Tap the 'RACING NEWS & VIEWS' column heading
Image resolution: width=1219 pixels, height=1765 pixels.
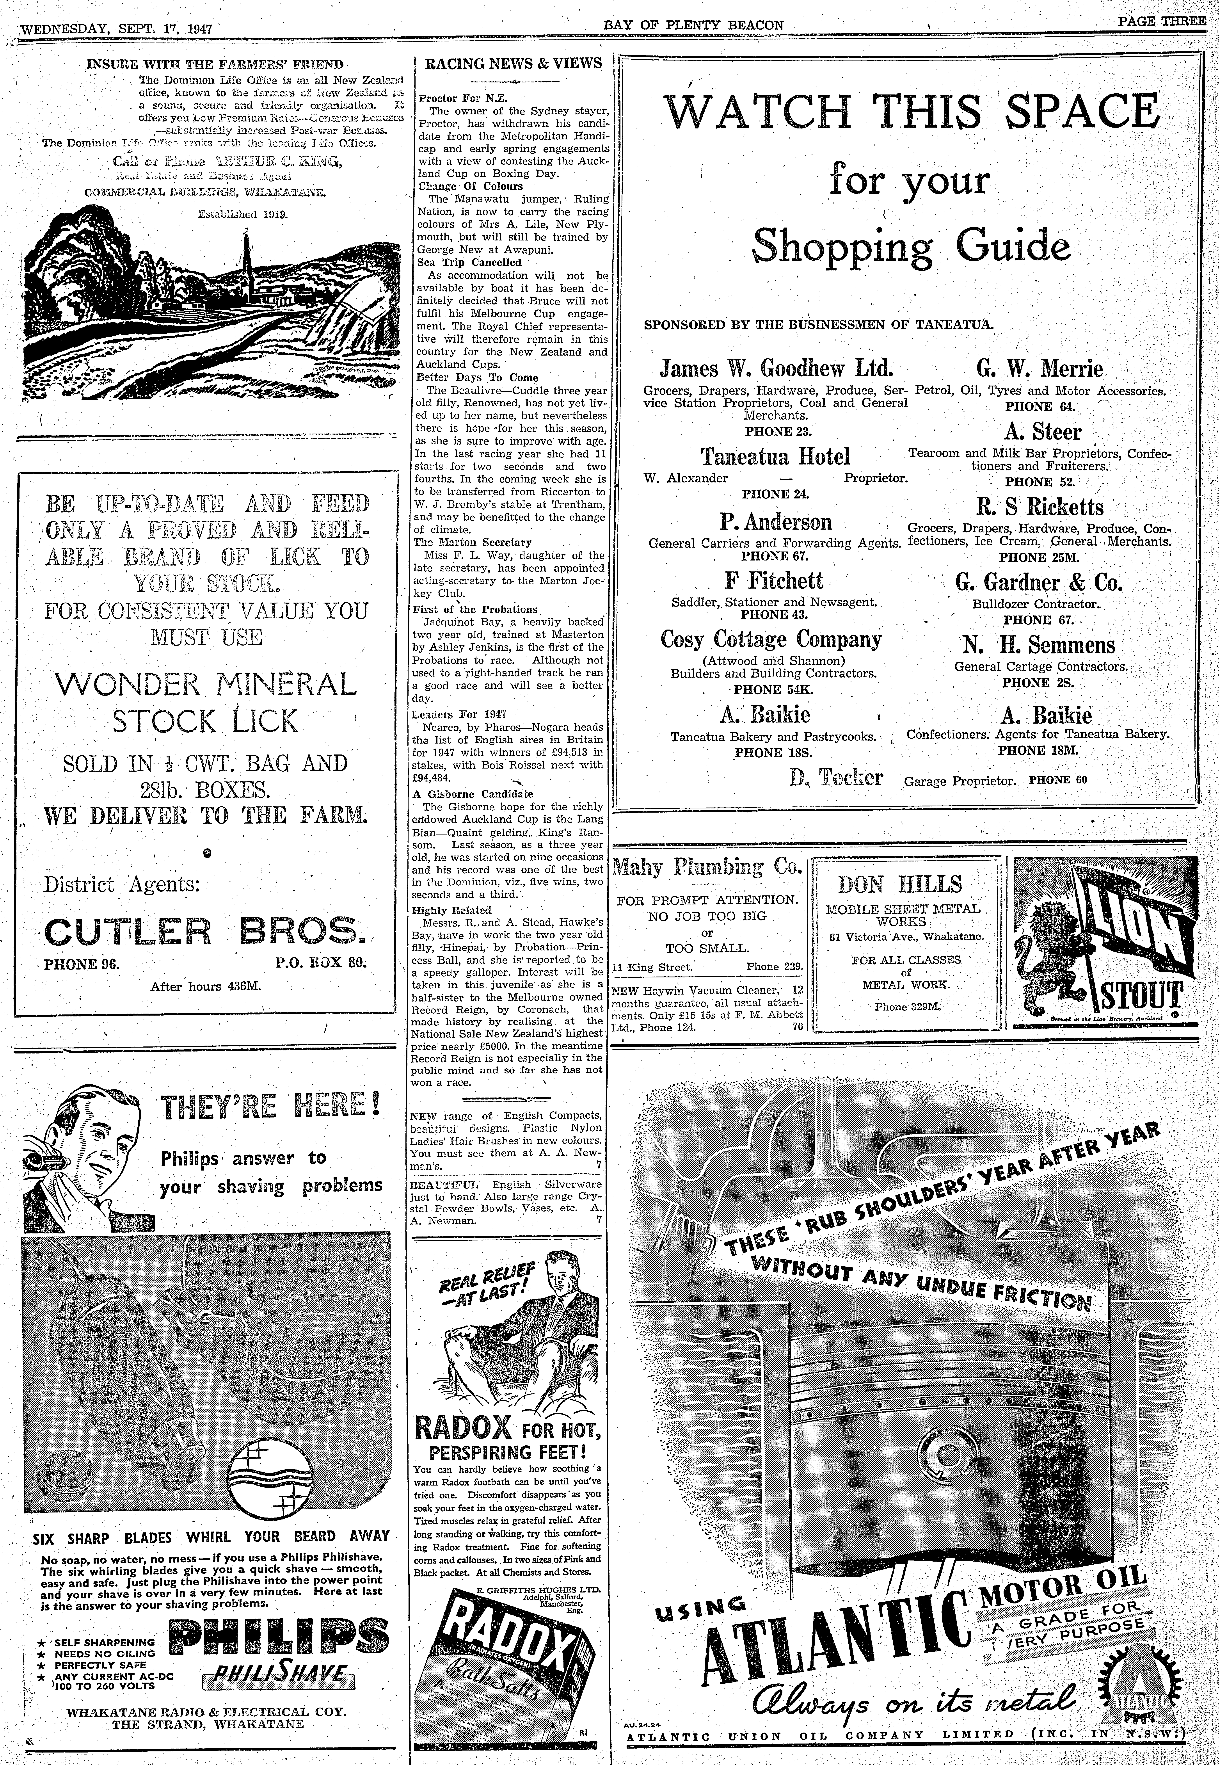pyautogui.click(x=512, y=63)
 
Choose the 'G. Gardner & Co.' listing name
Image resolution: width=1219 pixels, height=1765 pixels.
pyautogui.click(x=1040, y=583)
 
